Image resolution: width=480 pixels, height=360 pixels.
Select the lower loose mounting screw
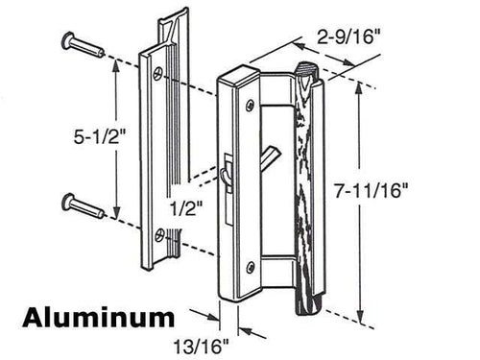[80, 204]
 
